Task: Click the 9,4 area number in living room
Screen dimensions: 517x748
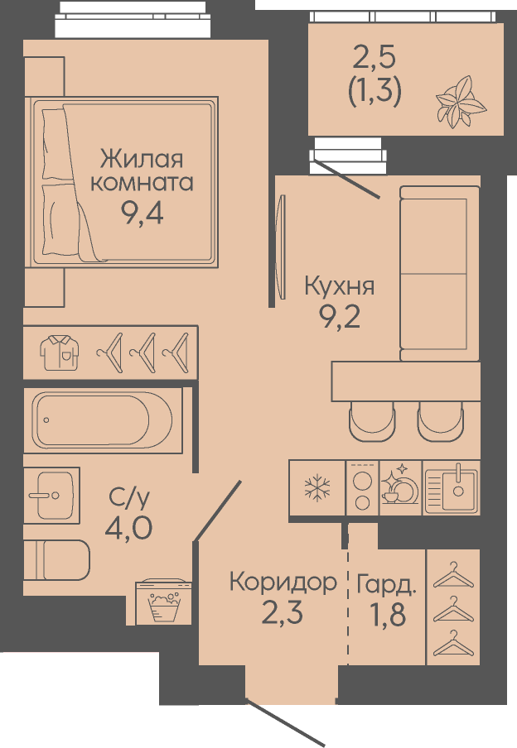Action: click(142, 213)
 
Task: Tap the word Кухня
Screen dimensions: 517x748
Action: click(339, 286)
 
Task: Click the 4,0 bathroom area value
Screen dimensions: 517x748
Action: click(128, 528)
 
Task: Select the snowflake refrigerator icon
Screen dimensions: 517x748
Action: click(317, 487)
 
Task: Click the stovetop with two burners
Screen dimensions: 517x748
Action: click(362, 487)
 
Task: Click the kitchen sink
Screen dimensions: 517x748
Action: click(451, 487)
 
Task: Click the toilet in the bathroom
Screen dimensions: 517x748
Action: click(56, 560)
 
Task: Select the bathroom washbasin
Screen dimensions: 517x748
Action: click(51, 495)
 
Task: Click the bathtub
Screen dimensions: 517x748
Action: click(102, 420)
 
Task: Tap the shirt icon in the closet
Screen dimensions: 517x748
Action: click(60, 352)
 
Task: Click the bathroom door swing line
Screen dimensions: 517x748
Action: click(217, 511)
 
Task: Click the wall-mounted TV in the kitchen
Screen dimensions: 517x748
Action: click(282, 247)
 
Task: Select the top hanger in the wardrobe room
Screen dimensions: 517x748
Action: click(453, 575)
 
